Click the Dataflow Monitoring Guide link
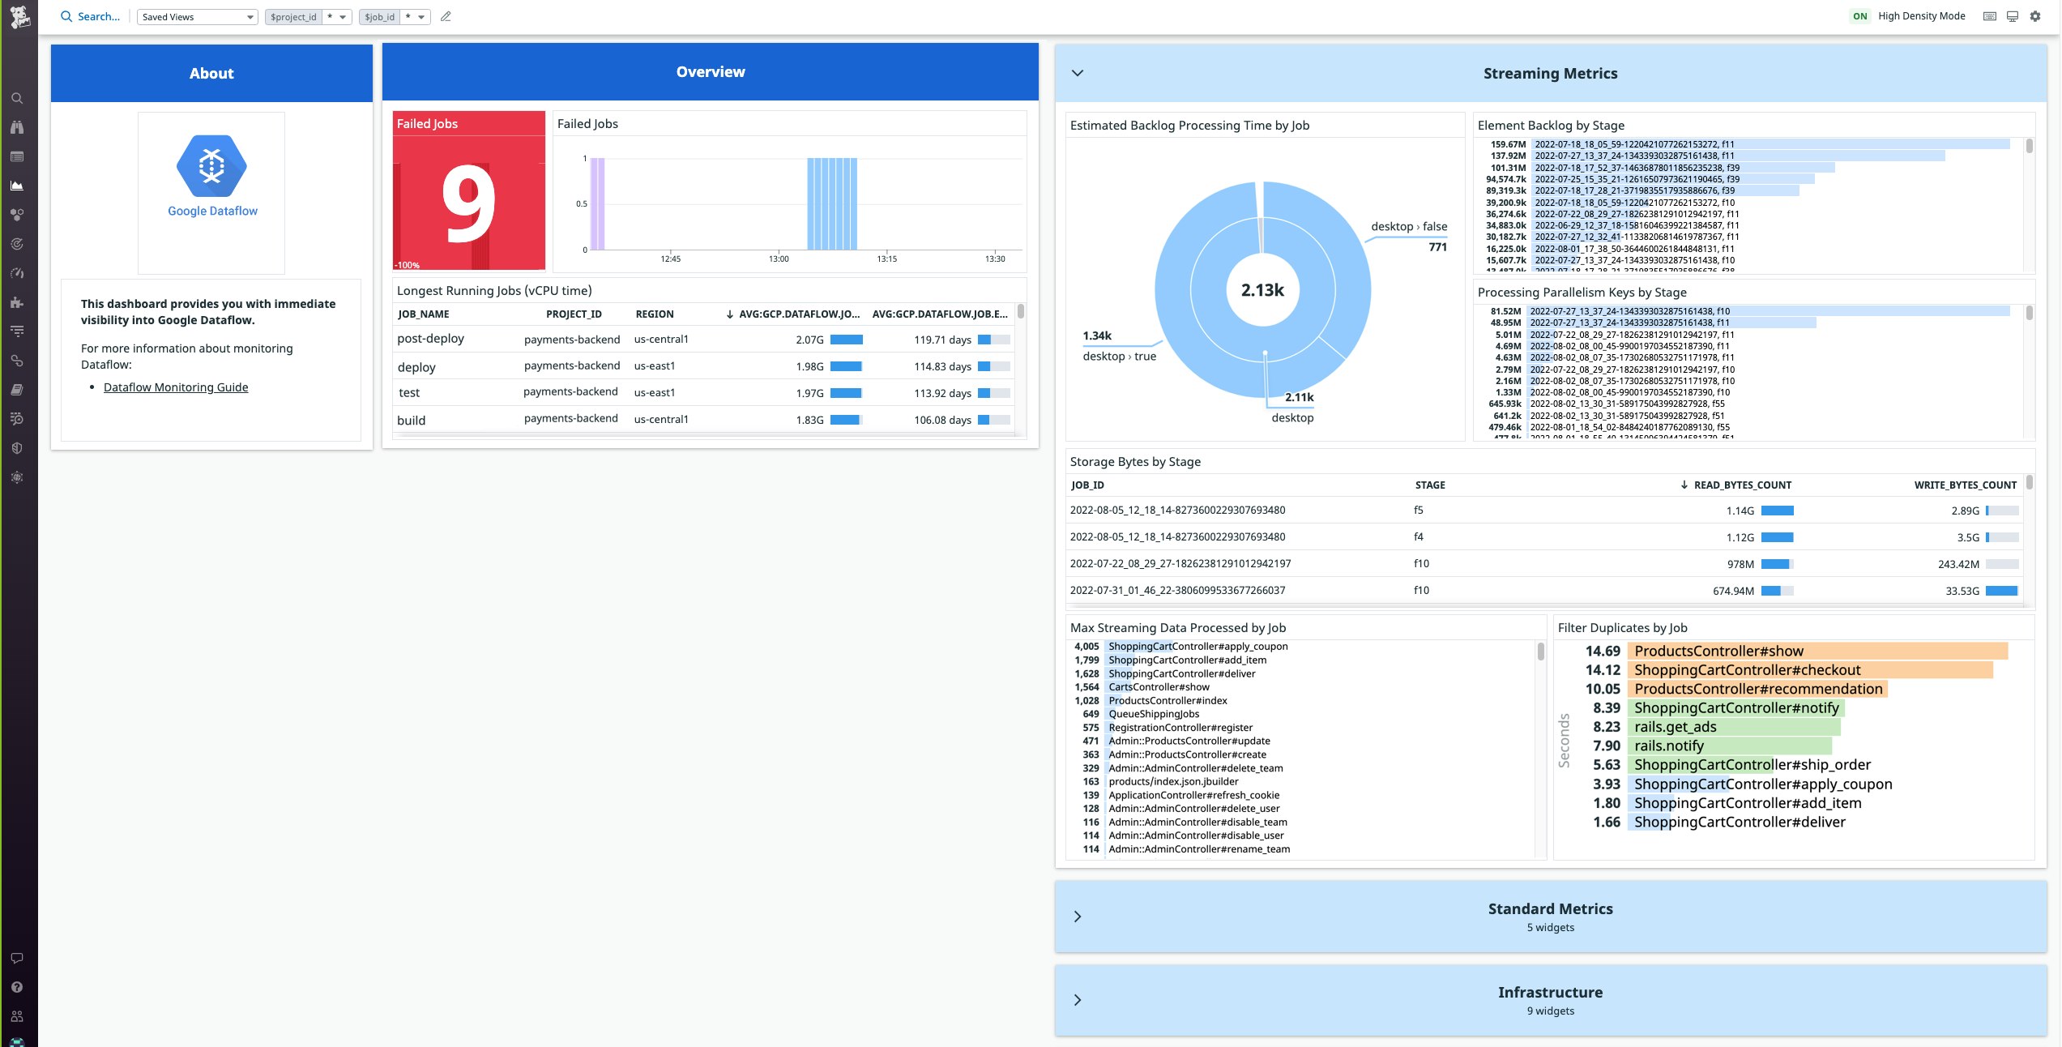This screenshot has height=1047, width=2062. point(176,387)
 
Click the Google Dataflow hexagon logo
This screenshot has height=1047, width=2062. point(211,166)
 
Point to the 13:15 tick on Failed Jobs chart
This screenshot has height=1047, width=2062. point(886,259)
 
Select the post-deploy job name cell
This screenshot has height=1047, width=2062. point(430,339)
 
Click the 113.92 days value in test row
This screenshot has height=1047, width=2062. point(942,393)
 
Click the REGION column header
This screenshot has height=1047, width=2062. point(654,314)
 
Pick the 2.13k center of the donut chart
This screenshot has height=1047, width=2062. point(1262,290)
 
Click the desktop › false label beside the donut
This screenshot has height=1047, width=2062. point(1408,226)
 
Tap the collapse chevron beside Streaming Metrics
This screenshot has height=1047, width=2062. point(1077,73)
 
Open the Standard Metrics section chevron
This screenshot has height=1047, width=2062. point(1077,917)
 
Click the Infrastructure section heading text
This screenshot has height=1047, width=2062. point(1549,992)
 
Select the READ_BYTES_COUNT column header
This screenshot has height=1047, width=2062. point(1741,485)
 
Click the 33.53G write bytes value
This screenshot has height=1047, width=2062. point(1962,591)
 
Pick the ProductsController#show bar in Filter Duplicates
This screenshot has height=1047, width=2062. point(1718,651)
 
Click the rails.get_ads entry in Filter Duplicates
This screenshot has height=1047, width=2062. point(1675,727)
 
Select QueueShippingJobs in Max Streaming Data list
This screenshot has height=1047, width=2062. point(1153,714)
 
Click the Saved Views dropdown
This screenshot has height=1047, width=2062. point(197,16)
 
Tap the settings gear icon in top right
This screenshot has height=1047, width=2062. point(2034,16)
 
